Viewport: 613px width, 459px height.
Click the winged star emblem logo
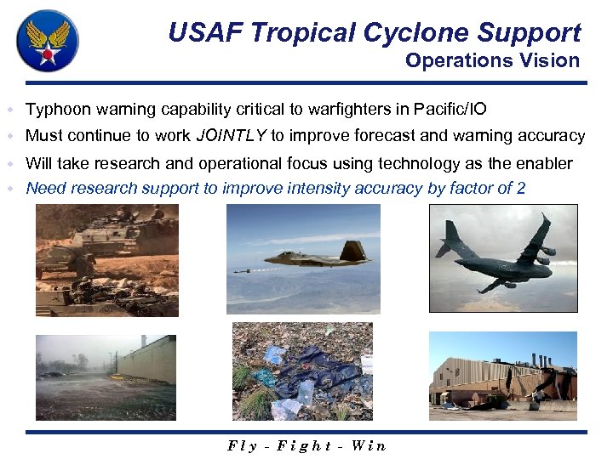48,42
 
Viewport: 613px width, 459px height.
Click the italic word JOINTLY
231,135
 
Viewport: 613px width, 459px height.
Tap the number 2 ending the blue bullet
520,188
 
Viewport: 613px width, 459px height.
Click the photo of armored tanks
107,260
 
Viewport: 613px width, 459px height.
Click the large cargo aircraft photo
502,257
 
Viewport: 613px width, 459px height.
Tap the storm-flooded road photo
106,377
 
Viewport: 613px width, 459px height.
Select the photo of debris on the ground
302,371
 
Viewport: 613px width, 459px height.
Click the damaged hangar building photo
502,376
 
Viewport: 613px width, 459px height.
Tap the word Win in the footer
368,445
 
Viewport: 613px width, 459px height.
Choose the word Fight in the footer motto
302,445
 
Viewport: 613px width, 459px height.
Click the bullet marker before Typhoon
9,110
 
